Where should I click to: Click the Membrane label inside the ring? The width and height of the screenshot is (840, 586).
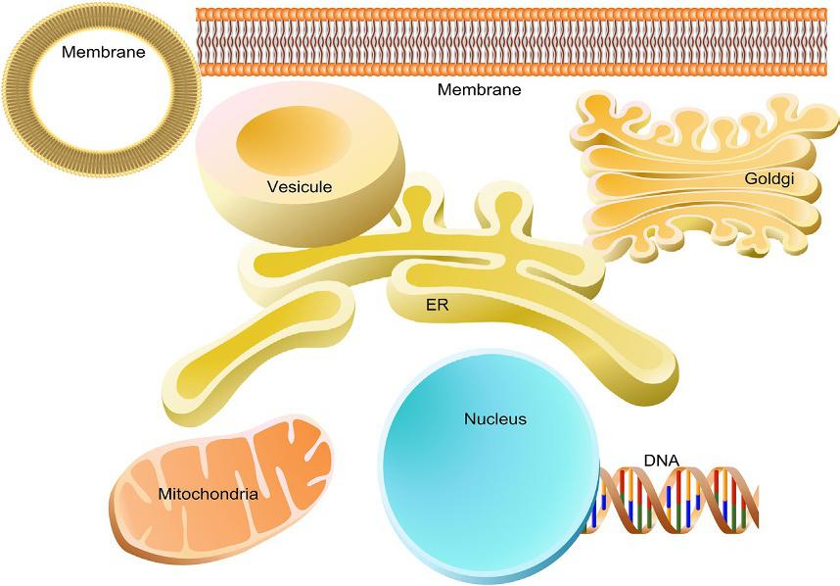103,52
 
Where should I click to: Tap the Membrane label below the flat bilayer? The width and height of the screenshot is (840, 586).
479,90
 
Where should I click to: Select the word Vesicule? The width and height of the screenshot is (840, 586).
300,186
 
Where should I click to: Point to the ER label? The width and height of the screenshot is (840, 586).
437,305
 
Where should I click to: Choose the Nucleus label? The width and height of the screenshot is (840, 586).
494,419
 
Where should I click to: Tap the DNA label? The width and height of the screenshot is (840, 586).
661,459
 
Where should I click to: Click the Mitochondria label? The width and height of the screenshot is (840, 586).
208,494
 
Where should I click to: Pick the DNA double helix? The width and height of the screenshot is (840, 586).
685,500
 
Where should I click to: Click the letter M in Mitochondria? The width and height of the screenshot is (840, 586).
163,494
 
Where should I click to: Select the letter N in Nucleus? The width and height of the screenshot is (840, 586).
469,419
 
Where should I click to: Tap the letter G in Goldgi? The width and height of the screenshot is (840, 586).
749,179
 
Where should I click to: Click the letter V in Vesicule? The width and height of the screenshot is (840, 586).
271,186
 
